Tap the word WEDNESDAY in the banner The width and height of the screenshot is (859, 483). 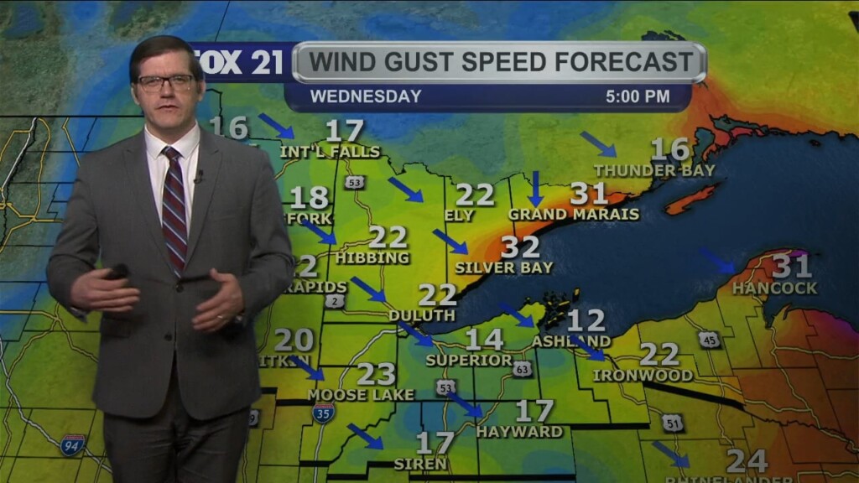click(366, 96)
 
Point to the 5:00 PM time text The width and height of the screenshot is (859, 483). click(638, 96)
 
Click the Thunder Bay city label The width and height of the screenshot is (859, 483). click(654, 171)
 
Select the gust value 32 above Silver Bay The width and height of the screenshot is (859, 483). click(520, 247)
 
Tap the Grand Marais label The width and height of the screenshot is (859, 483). click(585, 215)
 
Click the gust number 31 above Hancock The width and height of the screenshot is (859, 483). click(791, 267)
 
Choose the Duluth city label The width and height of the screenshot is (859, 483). click(421, 316)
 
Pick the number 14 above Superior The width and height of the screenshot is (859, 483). click(484, 340)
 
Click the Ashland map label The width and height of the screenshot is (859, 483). click(571, 341)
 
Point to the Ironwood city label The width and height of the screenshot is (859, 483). click(643, 376)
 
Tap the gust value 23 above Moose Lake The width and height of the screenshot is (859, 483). click(376, 373)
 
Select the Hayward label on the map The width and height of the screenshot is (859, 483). click(519, 432)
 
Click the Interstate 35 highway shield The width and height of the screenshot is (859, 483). click(324, 412)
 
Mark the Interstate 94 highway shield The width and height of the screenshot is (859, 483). click(73, 444)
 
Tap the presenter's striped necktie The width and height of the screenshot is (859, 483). click(174, 209)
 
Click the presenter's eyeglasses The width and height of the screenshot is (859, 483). click(166, 82)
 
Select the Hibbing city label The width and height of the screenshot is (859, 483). click(372, 258)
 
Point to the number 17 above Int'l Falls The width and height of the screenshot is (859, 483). click(344, 132)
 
